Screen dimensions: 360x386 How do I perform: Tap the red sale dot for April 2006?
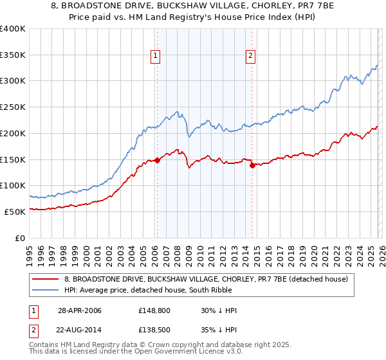157,160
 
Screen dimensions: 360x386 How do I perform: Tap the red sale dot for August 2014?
252,165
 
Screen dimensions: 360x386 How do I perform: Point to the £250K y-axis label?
13,107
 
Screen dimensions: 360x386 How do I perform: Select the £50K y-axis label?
15,211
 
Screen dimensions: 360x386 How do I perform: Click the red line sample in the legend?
46,279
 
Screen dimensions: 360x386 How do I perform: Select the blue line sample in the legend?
46,291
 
